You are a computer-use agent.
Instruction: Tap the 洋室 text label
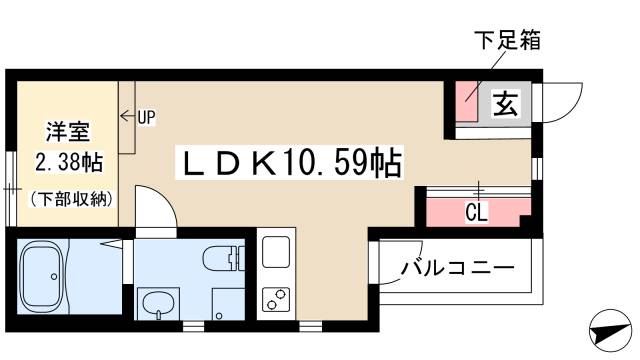pos(67,131)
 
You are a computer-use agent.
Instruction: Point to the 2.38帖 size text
pos(69,162)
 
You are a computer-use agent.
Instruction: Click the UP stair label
pos(147,118)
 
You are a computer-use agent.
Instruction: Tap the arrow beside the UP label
pos(128,116)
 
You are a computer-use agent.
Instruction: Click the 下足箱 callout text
pos(508,40)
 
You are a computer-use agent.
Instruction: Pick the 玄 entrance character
pos(506,103)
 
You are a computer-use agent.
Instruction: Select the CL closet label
pos(476,212)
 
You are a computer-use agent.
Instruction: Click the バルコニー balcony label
pos(458,268)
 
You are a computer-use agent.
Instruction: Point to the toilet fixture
pos(223,258)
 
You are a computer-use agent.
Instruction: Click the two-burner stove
pos(276,300)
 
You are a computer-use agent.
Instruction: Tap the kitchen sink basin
pos(276,252)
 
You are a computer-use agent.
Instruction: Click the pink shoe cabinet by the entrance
pos(466,102)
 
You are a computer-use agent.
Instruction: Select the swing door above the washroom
pos(156,207)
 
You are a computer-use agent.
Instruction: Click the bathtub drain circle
pos(54,277)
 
